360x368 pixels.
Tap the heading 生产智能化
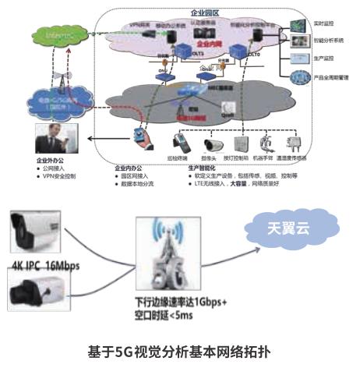[203, 168]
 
